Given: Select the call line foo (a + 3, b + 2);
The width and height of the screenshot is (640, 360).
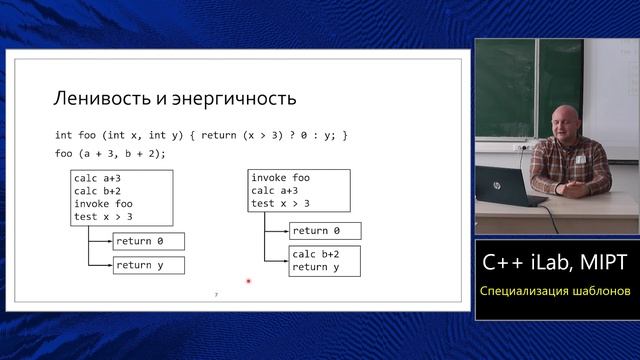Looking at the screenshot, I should [x=111, y=153].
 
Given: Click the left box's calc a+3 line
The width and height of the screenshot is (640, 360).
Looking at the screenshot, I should [x=97, y=178].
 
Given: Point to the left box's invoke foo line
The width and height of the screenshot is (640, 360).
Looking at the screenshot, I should [x=103, y=203].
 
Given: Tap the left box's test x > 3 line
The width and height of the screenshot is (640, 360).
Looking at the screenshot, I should [x=103, y=215].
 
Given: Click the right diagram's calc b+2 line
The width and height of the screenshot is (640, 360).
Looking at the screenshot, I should [x=317, y=254].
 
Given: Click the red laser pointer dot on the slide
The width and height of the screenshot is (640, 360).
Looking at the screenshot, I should [x=247, y=281].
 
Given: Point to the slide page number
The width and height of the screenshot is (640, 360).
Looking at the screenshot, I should [x=216, y=295].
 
